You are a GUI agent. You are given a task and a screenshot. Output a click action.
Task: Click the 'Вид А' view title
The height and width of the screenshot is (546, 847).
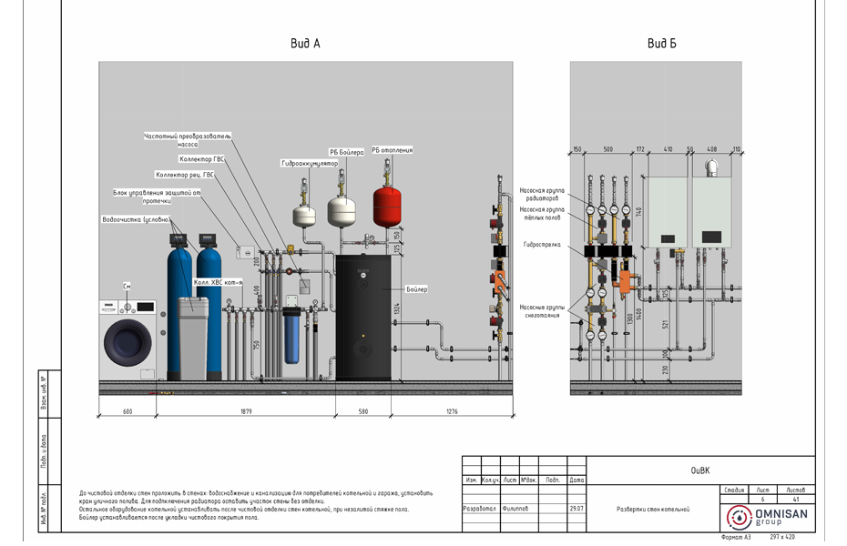(305, 44)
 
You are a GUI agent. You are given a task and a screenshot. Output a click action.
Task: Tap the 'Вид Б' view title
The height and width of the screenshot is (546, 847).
(662, 44)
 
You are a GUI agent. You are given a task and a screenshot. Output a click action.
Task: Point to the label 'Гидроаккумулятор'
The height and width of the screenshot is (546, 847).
(310, 163)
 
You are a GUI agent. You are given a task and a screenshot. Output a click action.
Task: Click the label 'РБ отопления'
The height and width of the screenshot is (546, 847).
(392, 150)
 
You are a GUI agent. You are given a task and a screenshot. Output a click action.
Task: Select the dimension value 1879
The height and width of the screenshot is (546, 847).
(246, 412)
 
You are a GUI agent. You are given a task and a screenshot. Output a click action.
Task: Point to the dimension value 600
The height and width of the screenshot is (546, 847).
(128, 412)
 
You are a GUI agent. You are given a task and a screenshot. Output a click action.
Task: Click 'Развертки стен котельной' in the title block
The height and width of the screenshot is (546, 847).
(652, 510)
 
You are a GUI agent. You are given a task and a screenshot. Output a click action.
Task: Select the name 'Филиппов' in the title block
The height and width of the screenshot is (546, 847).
(515, 509)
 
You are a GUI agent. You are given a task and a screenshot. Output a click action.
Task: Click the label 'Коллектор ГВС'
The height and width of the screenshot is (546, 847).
(201, 159)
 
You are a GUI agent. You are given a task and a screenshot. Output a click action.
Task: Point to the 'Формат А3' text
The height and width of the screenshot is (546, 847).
(735, 538)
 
